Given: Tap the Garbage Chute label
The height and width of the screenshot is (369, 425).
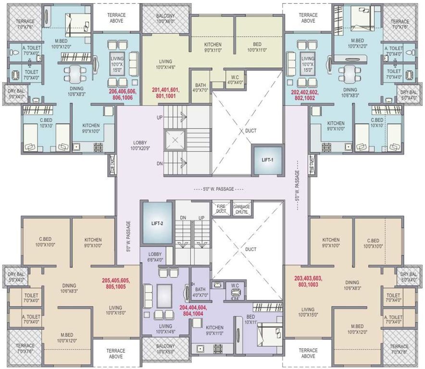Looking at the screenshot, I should click(x=242, y=209).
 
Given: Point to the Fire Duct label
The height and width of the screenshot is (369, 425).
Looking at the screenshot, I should click(x=221, y=209).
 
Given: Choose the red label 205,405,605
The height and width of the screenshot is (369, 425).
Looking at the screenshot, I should click(x=116, y=283).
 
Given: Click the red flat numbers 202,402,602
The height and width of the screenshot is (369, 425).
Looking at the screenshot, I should click(x=302, y=94).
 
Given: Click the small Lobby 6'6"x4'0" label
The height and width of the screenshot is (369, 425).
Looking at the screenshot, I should click(x=155, y=257).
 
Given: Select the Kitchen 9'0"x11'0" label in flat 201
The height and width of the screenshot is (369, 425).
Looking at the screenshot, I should click(x=212, y=47).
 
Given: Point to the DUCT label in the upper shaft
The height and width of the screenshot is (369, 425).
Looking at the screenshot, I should click(x=250, y=131).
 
